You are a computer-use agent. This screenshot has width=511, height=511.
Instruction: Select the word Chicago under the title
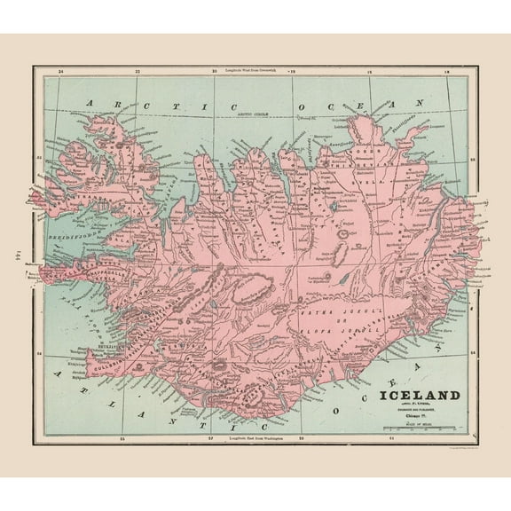tap(416, 415)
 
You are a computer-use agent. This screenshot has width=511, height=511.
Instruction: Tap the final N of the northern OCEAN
tap(412, 104)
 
